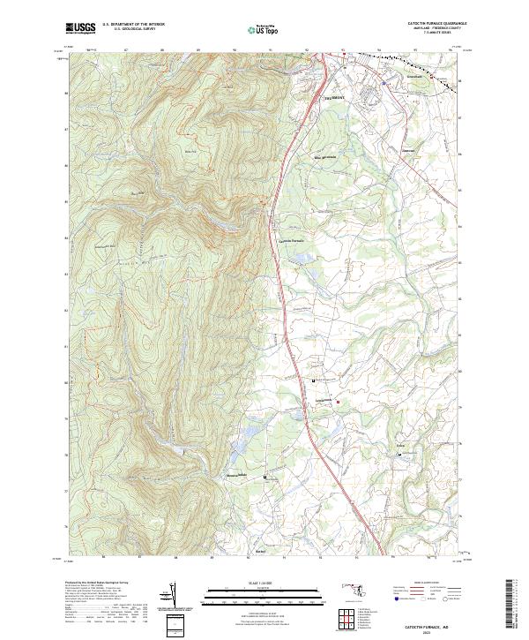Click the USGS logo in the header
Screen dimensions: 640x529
(80, 28)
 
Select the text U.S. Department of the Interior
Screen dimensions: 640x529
(132, 26)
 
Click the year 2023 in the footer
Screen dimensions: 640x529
(429, 630)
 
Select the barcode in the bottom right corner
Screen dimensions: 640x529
(516, 607)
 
